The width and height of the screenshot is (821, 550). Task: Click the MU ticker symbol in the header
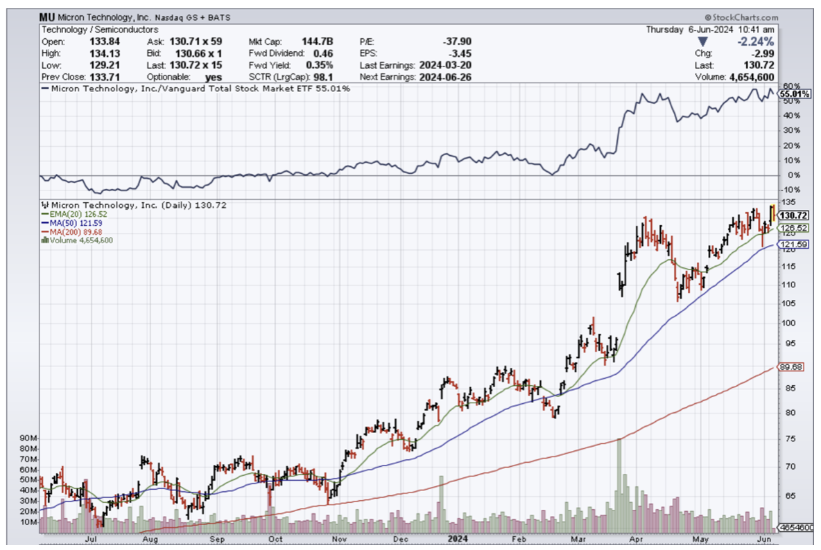tap(47, 18)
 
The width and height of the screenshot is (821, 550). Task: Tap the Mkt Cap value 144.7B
tap(318, 42)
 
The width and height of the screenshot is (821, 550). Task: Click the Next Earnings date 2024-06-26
tap(445, 77)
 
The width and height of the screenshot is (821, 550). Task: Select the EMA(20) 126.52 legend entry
tap(75, 215)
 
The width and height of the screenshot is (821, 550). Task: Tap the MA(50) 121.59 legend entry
tap(74, 223)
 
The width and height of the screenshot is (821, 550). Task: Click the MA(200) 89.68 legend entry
tap(75, 232)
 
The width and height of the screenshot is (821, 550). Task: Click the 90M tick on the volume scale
tap(28, 438)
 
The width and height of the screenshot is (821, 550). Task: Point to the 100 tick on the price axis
tap(787, 322)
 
